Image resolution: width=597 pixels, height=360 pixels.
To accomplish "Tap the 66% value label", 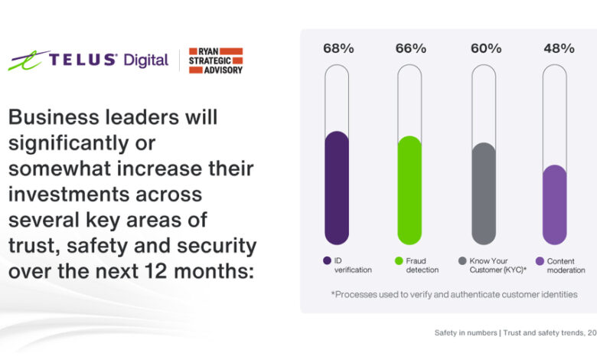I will pos(409,48).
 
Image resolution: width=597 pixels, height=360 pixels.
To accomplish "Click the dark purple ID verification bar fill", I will pos(337,188).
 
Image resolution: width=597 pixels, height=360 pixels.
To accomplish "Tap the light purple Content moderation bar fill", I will pos(555,205).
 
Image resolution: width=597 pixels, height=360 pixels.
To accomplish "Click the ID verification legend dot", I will pos(328,260).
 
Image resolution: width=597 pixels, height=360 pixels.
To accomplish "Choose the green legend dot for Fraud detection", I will pos(399,260).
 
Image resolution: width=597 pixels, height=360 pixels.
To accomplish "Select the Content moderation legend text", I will pos(566,265).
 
